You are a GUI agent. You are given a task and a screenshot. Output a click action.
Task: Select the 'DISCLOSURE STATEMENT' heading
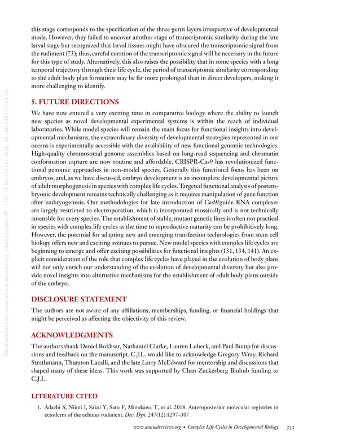(x=78, y=299)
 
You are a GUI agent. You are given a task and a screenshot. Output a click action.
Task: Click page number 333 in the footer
(x=290, y=428)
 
